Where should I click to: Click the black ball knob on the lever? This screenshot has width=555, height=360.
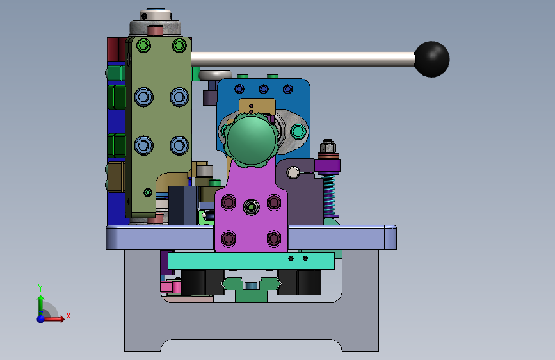pos(431,59)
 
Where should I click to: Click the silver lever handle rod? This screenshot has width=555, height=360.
pos(303,59)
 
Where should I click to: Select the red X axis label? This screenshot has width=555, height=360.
pos(68,316)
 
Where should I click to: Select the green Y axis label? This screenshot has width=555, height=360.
pos(40,288)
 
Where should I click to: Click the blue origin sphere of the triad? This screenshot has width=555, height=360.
pos(41,319)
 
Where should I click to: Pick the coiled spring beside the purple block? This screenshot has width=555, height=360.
pos(329,195)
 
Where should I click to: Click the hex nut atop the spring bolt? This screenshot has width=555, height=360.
pos(328,145)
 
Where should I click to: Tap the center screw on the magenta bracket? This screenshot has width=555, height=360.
pos(251,207)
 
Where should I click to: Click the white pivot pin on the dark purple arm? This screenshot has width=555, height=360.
pos(293,172)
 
